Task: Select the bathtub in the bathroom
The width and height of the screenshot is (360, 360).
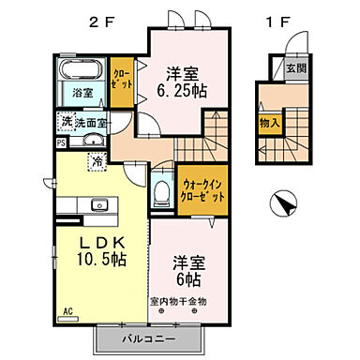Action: point(81,73)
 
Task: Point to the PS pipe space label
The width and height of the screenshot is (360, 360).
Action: point(61,142)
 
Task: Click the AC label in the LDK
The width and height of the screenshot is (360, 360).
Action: point(67,310)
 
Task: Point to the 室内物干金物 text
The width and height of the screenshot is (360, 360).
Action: point(178,301)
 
